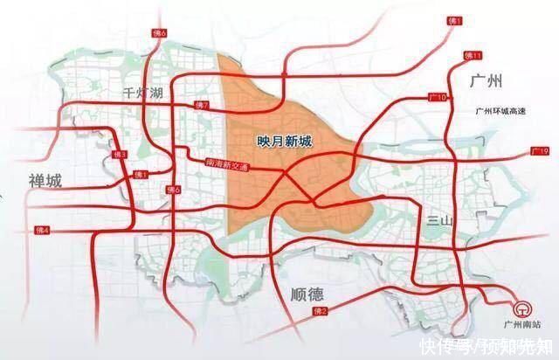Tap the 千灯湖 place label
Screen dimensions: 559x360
coord(142,93)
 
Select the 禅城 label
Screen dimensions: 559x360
coord(44,182)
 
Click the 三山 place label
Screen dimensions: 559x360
coord(438,221)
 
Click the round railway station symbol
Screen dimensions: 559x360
coord(524,310)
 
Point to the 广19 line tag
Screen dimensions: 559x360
coord(539,151)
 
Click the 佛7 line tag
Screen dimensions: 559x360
coord(203,105)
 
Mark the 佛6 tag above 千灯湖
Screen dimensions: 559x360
coord(159,58)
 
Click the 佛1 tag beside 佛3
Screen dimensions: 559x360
coord(141,175)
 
